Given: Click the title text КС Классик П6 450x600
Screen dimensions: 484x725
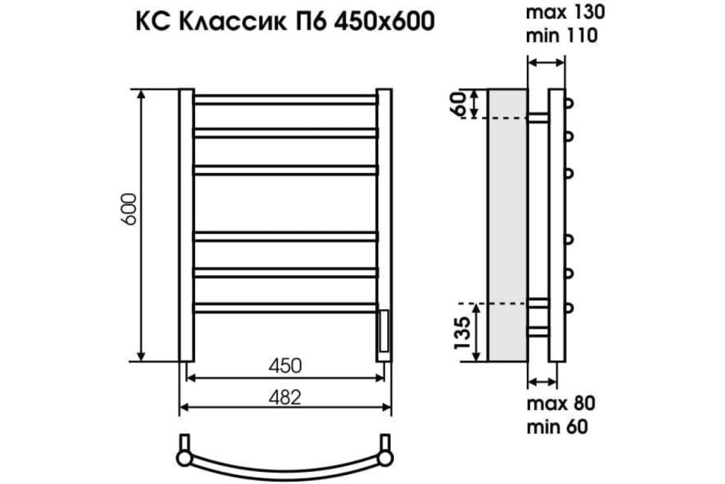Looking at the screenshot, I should pos(283,23).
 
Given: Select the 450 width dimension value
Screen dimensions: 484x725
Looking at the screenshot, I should pos(285,367).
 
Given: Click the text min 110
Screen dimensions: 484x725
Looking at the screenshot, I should pos(562,34).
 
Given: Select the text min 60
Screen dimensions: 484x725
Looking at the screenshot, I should pos(557,426).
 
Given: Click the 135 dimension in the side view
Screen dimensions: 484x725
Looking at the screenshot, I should pos(463,331).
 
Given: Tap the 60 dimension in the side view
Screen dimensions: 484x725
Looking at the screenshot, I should pos(462,104).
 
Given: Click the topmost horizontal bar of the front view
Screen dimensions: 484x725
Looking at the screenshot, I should pos(285,98).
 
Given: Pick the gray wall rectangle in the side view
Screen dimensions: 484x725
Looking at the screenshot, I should pos(506,224).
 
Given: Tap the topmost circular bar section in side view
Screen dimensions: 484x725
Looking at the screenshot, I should pos(569,102).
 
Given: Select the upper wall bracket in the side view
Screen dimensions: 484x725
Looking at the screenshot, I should pos(537,117).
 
